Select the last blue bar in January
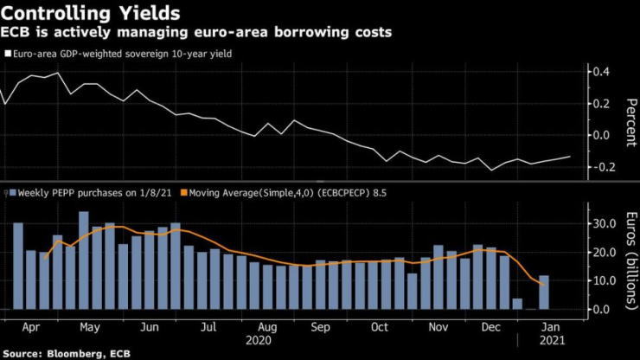coord(544,292)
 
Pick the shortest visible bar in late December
coord(517,304)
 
